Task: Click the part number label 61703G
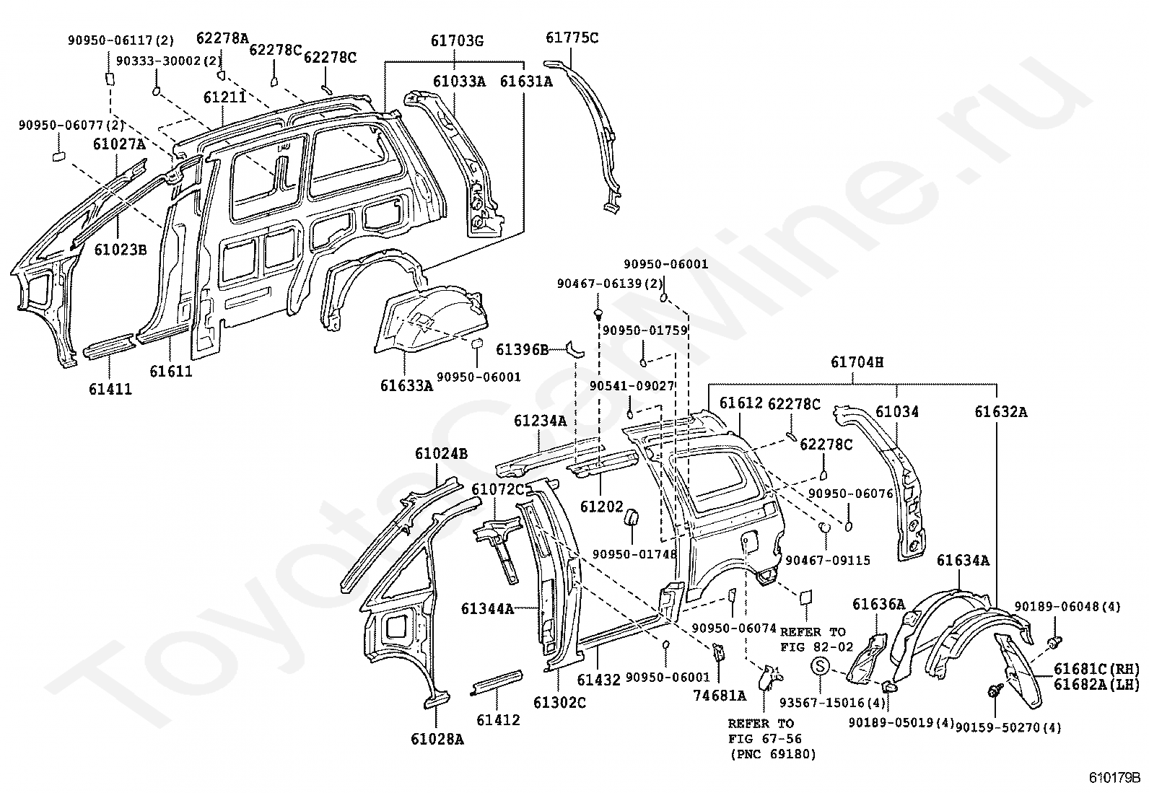(x=457, y=40)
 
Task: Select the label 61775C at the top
(x=572, y=38)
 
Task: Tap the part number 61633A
(x=406, y=385)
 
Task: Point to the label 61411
(x=110, y=390)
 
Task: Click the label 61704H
(x=857, y=362)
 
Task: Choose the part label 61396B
(x=523, y=349)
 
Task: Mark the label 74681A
(x=720, y=696)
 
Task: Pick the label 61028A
(x=437, y=739)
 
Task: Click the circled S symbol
(x=820, y=666)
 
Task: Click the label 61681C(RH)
(x=1097, y=669)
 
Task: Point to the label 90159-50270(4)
(x=1008, y=728)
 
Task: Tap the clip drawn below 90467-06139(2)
(x=598, y=314)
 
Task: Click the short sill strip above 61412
(x=497, y=682)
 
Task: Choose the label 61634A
(x=963, y=561)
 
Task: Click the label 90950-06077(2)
(x=72, y=125)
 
